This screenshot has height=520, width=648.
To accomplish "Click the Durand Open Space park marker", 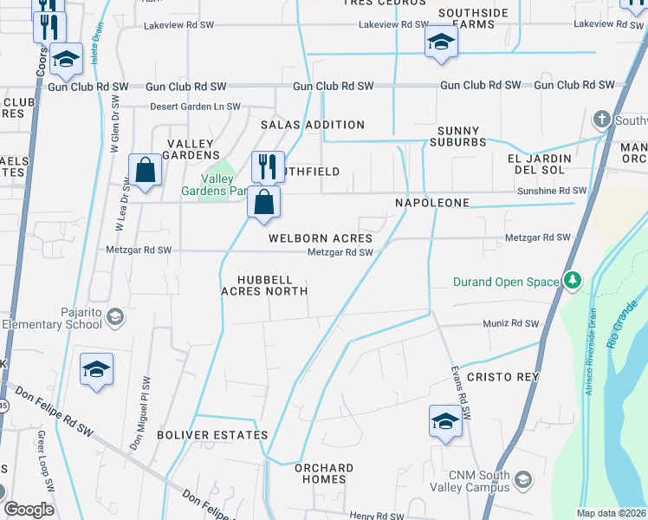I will tap(571, 281).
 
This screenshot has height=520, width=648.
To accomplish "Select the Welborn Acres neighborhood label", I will tap(320, 238).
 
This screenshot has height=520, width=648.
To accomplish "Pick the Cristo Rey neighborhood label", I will tap(502, 377).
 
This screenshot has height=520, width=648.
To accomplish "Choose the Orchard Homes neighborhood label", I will tap(324, 473).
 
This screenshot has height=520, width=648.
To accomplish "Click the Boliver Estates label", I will tap(212, 434).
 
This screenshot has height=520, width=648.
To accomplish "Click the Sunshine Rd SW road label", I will tap(553, 190).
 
